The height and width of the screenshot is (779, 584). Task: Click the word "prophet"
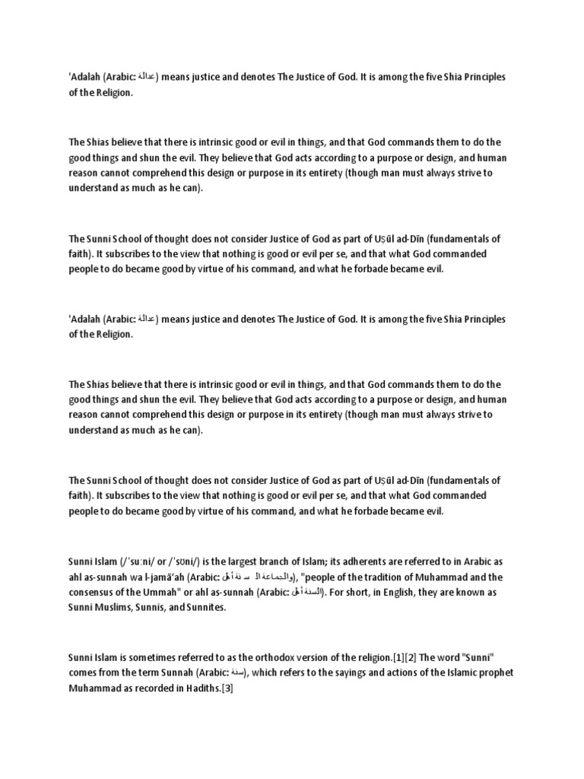[x=494, y=673]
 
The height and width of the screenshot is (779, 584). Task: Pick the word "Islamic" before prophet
[x=457, y=673]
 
